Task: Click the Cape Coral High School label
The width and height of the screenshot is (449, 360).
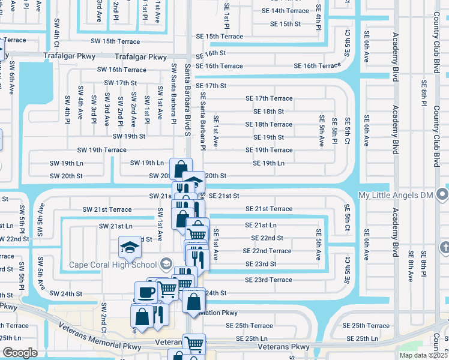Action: (113, 265)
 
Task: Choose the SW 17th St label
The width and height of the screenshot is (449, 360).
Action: (121, 83)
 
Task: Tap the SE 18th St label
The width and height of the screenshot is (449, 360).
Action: (268, 112)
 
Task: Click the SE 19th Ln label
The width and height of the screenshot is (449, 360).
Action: (268, 163)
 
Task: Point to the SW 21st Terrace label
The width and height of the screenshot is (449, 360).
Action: (107, 209)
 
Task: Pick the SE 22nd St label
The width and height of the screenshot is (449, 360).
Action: (268, 238)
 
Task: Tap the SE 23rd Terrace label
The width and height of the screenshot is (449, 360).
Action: (268, 280)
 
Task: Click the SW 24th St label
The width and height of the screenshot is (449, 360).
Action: (66, 294)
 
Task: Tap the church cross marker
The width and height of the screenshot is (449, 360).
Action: (444, 247)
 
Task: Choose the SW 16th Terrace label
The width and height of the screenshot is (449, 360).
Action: (122, 70)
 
